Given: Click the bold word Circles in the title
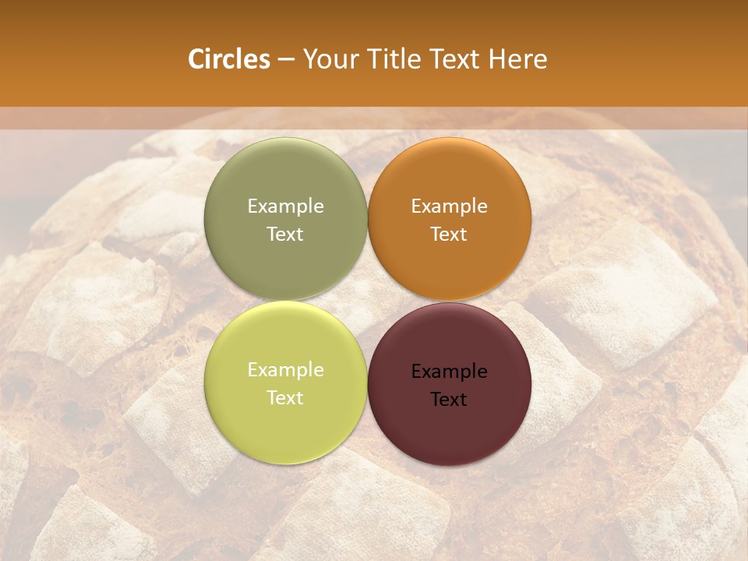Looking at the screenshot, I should [x=229, y=59].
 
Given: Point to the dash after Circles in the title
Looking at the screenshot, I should [x=286, y=60].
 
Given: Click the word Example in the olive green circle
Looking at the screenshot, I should [x=285, y=206].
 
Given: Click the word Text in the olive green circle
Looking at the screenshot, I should [x=285, y=234].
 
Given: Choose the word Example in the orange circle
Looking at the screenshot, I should [x=449, y=206].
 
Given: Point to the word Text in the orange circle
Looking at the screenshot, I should [x=449, y=234].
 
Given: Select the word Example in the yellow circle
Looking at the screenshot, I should [x=285, y=369].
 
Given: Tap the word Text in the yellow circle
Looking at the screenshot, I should [x=285, y=397].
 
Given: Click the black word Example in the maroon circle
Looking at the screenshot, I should [x=449, y=371].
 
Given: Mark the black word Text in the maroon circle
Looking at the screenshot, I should [x=449, y=399].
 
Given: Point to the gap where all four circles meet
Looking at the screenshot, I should [x=367, y=301].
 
